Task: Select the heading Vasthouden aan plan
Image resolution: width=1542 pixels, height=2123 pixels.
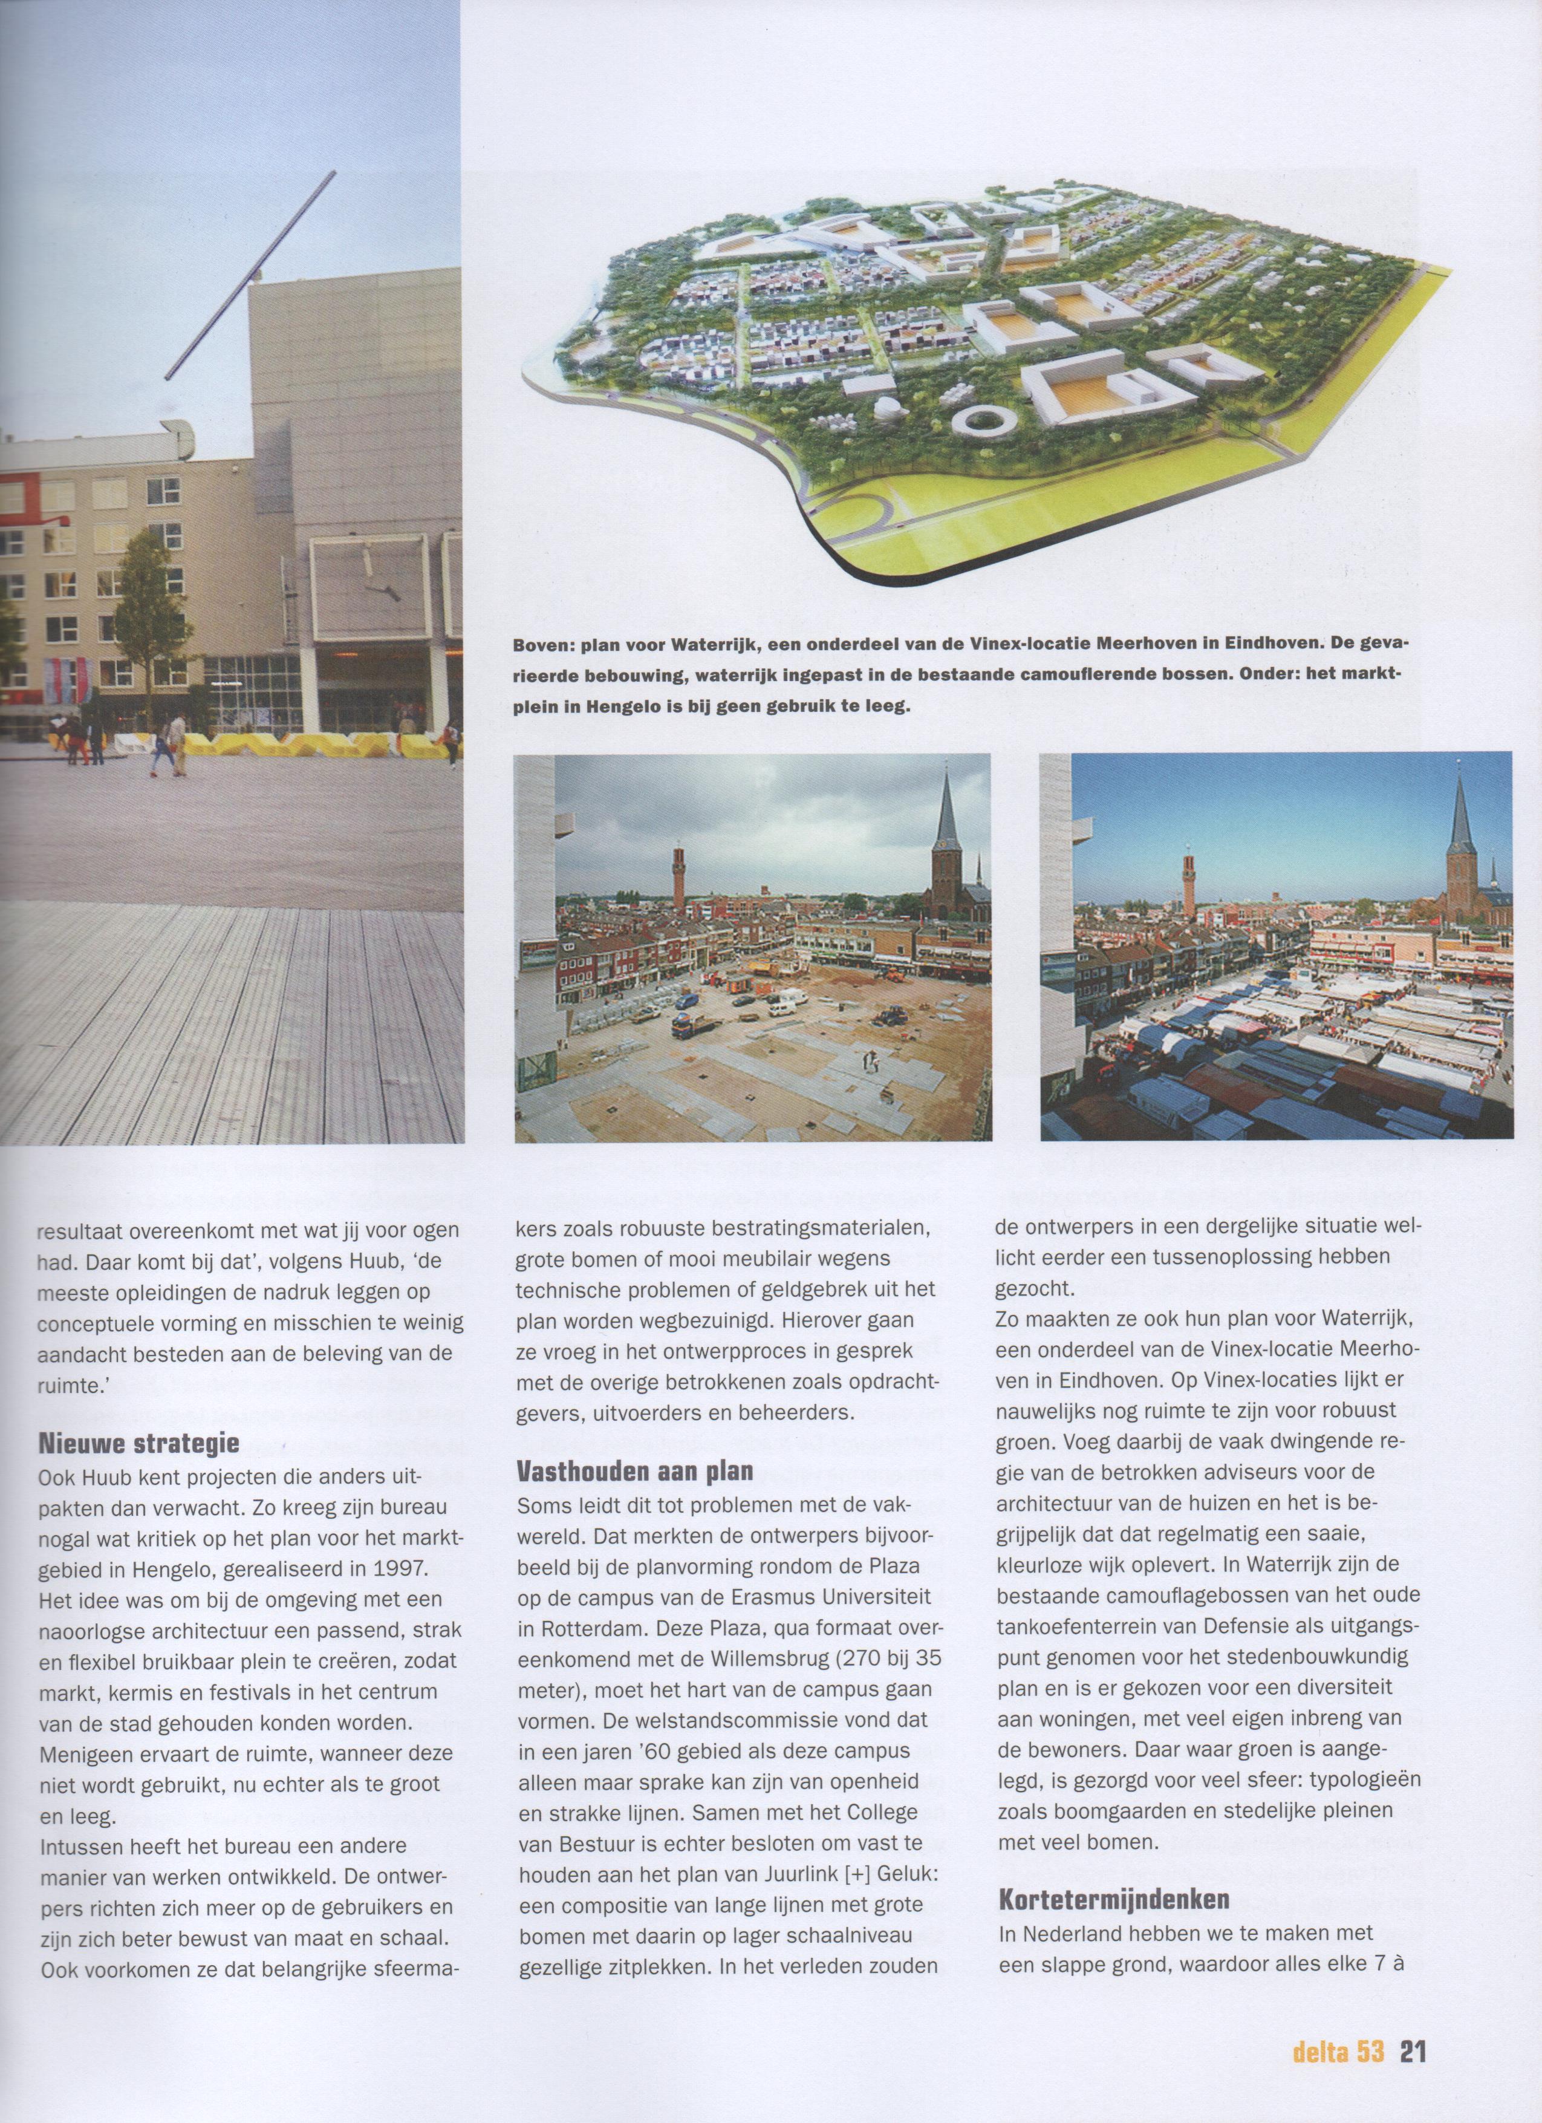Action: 634,1470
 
